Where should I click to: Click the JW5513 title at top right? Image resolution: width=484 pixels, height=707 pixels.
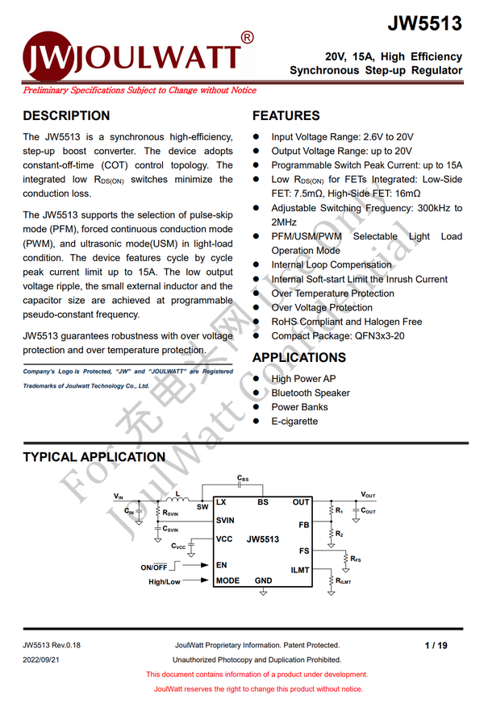click(424, 23)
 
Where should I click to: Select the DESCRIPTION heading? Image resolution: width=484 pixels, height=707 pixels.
click(66, 116)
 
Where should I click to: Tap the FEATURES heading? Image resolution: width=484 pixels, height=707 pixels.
click(286, 116)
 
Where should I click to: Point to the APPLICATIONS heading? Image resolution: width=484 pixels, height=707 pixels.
click(298, 357)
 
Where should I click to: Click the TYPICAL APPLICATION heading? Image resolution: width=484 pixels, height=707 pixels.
click(94, 457)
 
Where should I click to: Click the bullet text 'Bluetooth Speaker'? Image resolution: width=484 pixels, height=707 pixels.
click(311, 393)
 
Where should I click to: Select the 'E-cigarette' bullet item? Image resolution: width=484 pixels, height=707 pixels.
click(294, 421)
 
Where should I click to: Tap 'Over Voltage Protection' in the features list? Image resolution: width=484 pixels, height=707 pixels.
click(322, 307)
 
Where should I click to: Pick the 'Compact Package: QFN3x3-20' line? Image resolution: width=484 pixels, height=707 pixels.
click(338, 335)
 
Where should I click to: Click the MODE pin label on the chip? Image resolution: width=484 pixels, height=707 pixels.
click(227, 580)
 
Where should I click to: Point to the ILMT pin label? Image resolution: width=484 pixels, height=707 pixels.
click(300, 570)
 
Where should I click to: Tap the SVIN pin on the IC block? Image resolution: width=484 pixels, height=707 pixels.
click(226, 521)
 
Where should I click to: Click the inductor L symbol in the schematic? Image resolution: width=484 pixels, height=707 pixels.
click(176, 497)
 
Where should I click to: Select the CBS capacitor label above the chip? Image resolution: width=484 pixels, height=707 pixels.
click(243, 479)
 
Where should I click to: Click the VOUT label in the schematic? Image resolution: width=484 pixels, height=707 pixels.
click(368, 494)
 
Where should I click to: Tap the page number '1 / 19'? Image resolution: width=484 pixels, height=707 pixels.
click(436, 645)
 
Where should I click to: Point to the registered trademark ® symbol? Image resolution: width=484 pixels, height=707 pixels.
click(248, 37)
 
